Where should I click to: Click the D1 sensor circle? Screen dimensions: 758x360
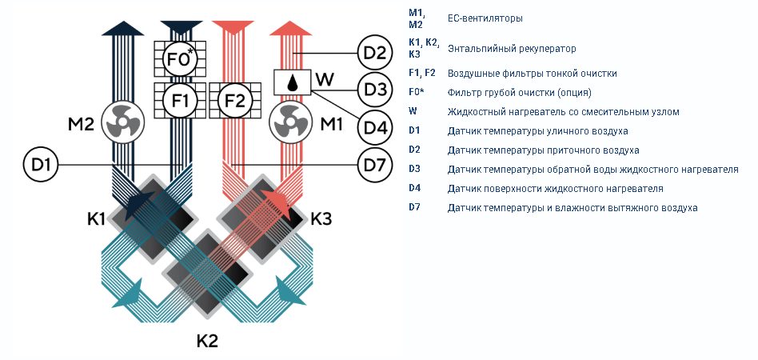click(x=41, y=165)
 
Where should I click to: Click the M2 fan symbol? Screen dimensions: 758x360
click(x=123, y=123)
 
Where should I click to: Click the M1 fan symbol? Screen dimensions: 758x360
click(x=290, y=123)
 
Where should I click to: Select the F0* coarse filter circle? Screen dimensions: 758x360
click(x=181, y=59)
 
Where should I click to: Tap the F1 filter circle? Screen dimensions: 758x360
click(x=181, y=101)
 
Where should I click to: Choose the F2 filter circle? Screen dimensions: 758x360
click(x=235, y=101)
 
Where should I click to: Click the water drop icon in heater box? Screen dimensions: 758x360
click(x=292, y=82)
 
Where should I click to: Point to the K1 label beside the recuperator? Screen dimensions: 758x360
click(x=96, y=219)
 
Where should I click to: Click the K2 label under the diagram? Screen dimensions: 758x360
click(x=207, y=341)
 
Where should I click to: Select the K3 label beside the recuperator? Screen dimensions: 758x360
click(x=321, y=219)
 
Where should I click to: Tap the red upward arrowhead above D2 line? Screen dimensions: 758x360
click(x=290, y=28)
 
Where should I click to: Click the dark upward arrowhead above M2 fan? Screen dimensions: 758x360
click(x=123, y=28)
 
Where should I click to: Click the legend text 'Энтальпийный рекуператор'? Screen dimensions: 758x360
click(x=512, y=49)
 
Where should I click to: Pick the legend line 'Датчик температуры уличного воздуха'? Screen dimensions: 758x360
click(x=537, y=131)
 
